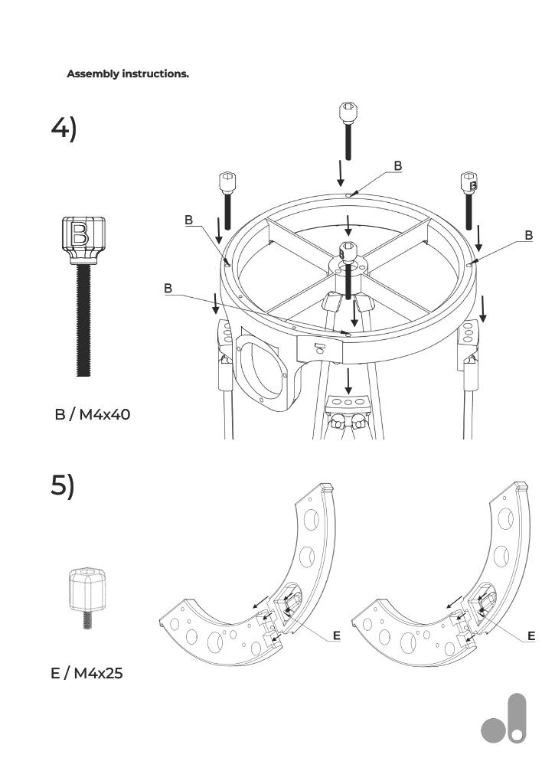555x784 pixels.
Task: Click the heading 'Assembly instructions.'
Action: pos(128,74)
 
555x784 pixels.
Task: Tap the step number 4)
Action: pos(64,128)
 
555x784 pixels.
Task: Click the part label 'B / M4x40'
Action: pos(92,414)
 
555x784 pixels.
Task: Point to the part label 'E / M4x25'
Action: pos(87,673)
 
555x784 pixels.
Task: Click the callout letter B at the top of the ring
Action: pos(397,165)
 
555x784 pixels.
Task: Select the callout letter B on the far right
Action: pos(528,235)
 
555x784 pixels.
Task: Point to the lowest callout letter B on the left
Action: pos(168,288)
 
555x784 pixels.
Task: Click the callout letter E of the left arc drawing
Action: pos(336,635)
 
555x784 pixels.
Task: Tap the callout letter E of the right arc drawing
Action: pos(531,635)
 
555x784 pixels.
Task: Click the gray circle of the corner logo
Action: pos(494,730)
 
